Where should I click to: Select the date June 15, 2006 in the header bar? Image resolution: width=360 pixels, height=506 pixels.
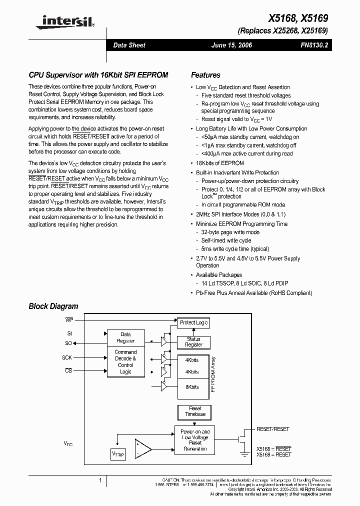[232, 45]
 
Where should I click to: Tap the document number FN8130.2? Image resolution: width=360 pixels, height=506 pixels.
[314, 45]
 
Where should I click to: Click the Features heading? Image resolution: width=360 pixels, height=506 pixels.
[205, 75]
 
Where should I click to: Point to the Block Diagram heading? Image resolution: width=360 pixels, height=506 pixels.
[53, 306]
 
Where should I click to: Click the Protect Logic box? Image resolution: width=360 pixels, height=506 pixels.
[193, 323]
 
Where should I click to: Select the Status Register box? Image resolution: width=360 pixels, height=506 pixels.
[193, 342]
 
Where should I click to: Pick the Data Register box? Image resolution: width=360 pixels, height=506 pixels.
[125, 337]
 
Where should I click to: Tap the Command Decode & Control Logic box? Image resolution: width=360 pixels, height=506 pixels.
[125, 361]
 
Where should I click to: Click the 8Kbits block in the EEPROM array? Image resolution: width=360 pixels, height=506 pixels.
[192, 387]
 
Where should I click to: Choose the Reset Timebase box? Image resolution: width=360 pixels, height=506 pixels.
[195, 412]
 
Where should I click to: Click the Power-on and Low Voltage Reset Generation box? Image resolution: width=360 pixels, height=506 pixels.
[195, 439]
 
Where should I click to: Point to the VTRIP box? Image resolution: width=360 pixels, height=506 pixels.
[118, 454]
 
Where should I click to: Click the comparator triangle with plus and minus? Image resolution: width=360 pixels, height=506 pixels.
[142, 448]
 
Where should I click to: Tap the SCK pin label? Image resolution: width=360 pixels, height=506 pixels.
[67, 357]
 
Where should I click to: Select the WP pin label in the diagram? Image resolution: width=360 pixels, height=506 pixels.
[69, 318]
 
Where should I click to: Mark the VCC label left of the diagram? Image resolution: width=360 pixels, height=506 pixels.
[68, 443]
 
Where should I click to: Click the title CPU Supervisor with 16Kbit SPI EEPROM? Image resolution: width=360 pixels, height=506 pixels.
[98, 75]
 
